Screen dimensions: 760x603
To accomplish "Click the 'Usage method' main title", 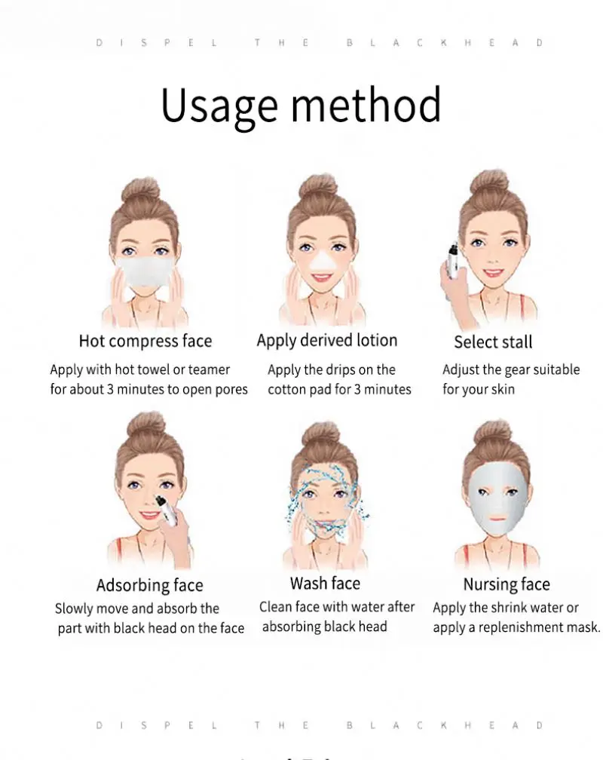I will [301, 106].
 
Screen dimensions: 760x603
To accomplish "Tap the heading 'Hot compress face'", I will [145, 341].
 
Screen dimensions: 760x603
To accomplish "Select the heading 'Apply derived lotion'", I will [326, 340].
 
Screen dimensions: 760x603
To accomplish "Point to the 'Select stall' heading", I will [493, 342].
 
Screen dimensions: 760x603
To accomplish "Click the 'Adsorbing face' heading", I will [150, 585].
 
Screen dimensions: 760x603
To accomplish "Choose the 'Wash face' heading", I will [325, 583].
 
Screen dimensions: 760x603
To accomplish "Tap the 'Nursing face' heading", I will [507, 584].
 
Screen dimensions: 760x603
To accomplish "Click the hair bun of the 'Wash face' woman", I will [322, 433].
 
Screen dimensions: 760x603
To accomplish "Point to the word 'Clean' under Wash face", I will [275, 607].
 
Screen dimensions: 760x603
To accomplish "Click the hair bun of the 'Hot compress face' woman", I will [141, 189].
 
